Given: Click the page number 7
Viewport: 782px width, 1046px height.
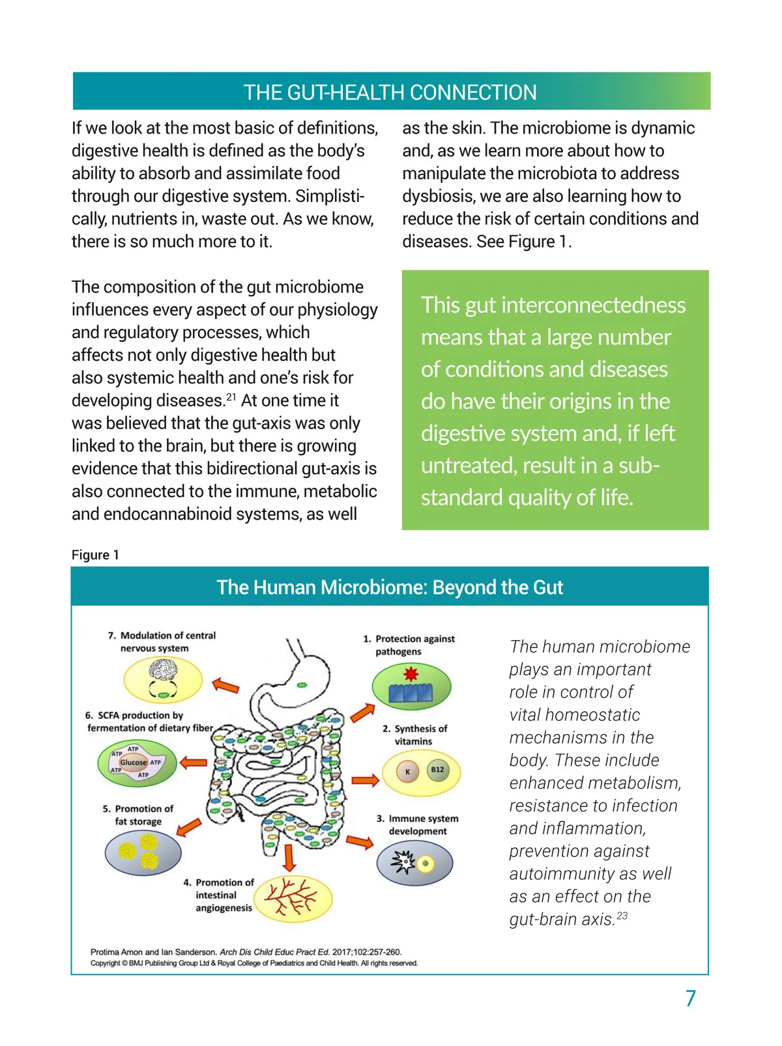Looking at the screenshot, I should click(691, 998).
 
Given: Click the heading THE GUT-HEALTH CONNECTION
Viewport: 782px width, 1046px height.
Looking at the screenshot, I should click(390, 92).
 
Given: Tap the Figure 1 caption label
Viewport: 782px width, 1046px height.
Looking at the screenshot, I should click(95, 555).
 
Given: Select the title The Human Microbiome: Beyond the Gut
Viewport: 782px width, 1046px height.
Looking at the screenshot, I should click(390, 587).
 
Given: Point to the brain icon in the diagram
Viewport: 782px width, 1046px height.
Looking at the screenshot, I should click(163, 671).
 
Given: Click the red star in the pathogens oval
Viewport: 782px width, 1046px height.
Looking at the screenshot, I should click(411, 673).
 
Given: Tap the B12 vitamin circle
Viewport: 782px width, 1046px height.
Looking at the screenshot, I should click(437, 770).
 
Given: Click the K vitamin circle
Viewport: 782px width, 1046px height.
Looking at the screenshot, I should click(408, 772).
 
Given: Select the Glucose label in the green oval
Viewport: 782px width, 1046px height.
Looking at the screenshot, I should click(133, 762).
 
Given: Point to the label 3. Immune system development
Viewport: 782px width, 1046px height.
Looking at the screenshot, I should click(417, 825).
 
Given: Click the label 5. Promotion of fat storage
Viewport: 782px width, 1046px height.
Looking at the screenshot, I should click(138, 815).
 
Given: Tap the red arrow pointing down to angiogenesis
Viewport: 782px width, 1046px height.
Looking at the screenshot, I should click(289, 858).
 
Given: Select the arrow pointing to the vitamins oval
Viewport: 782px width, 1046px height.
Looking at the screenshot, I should click(365, 780).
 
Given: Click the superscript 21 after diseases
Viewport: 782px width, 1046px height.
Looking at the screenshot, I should click(231, 397).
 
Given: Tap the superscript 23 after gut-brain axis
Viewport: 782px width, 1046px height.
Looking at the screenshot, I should click(622, 916).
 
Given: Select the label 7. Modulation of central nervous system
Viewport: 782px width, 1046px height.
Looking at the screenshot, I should click(162, 642).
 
